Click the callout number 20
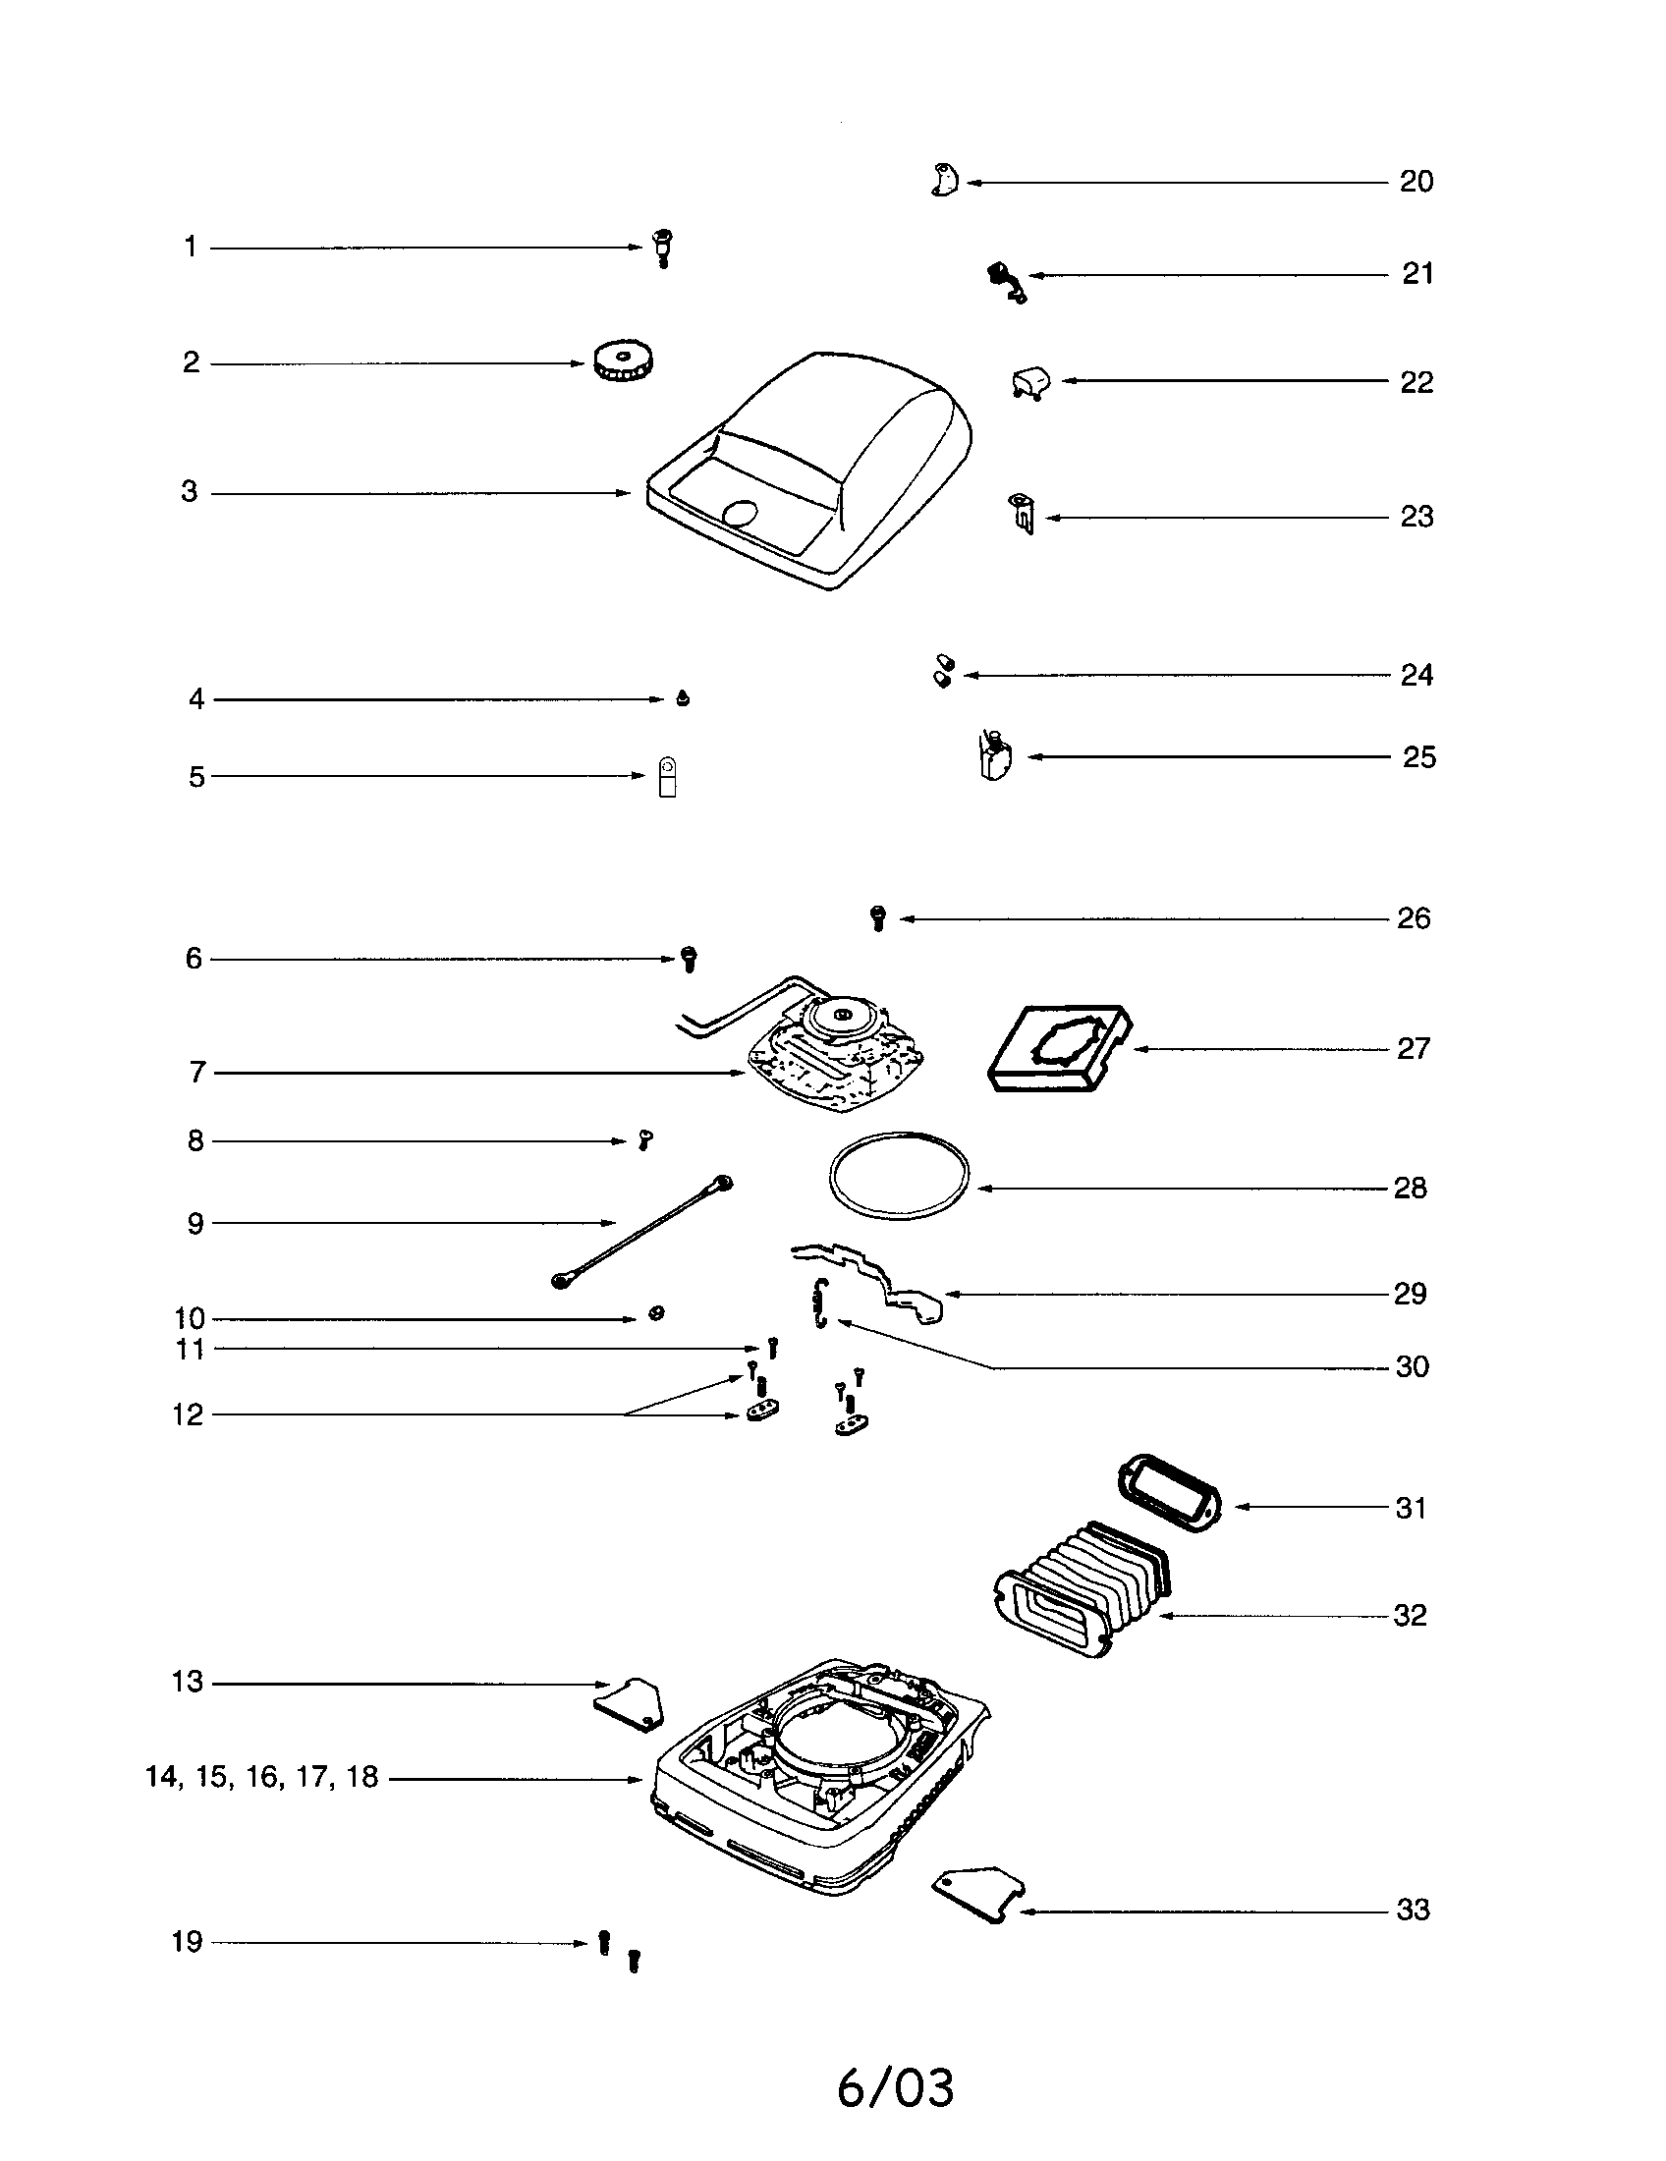pyautogui.click(x=1416, y=182)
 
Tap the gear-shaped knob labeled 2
pyautogui.click(x=627, y=363)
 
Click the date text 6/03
pyautogui.click(x=895, y=2087)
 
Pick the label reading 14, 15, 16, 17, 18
pyautogui.click(x=262, y=1777)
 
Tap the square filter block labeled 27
pyautogui.click(x=1061, y=1049)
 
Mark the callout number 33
pyautogui.click(x=1413, y=1910)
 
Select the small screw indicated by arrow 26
pyautogui.click(x=877, y=918)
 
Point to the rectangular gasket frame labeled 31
pyautogui.click(x=1169, y=1492)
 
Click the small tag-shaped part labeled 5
pyautogui.click(x=668, y=778)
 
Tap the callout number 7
pyautogui.click(x=196, y=1073)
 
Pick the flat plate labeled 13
pyautogui.click(x=631, y=1703)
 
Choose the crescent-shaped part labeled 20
pyautogui.click(x=945, y=181)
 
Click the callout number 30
pyautogui.click(x=1412, y=1366)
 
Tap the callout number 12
pyautogui.click(x=188, y=1414)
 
